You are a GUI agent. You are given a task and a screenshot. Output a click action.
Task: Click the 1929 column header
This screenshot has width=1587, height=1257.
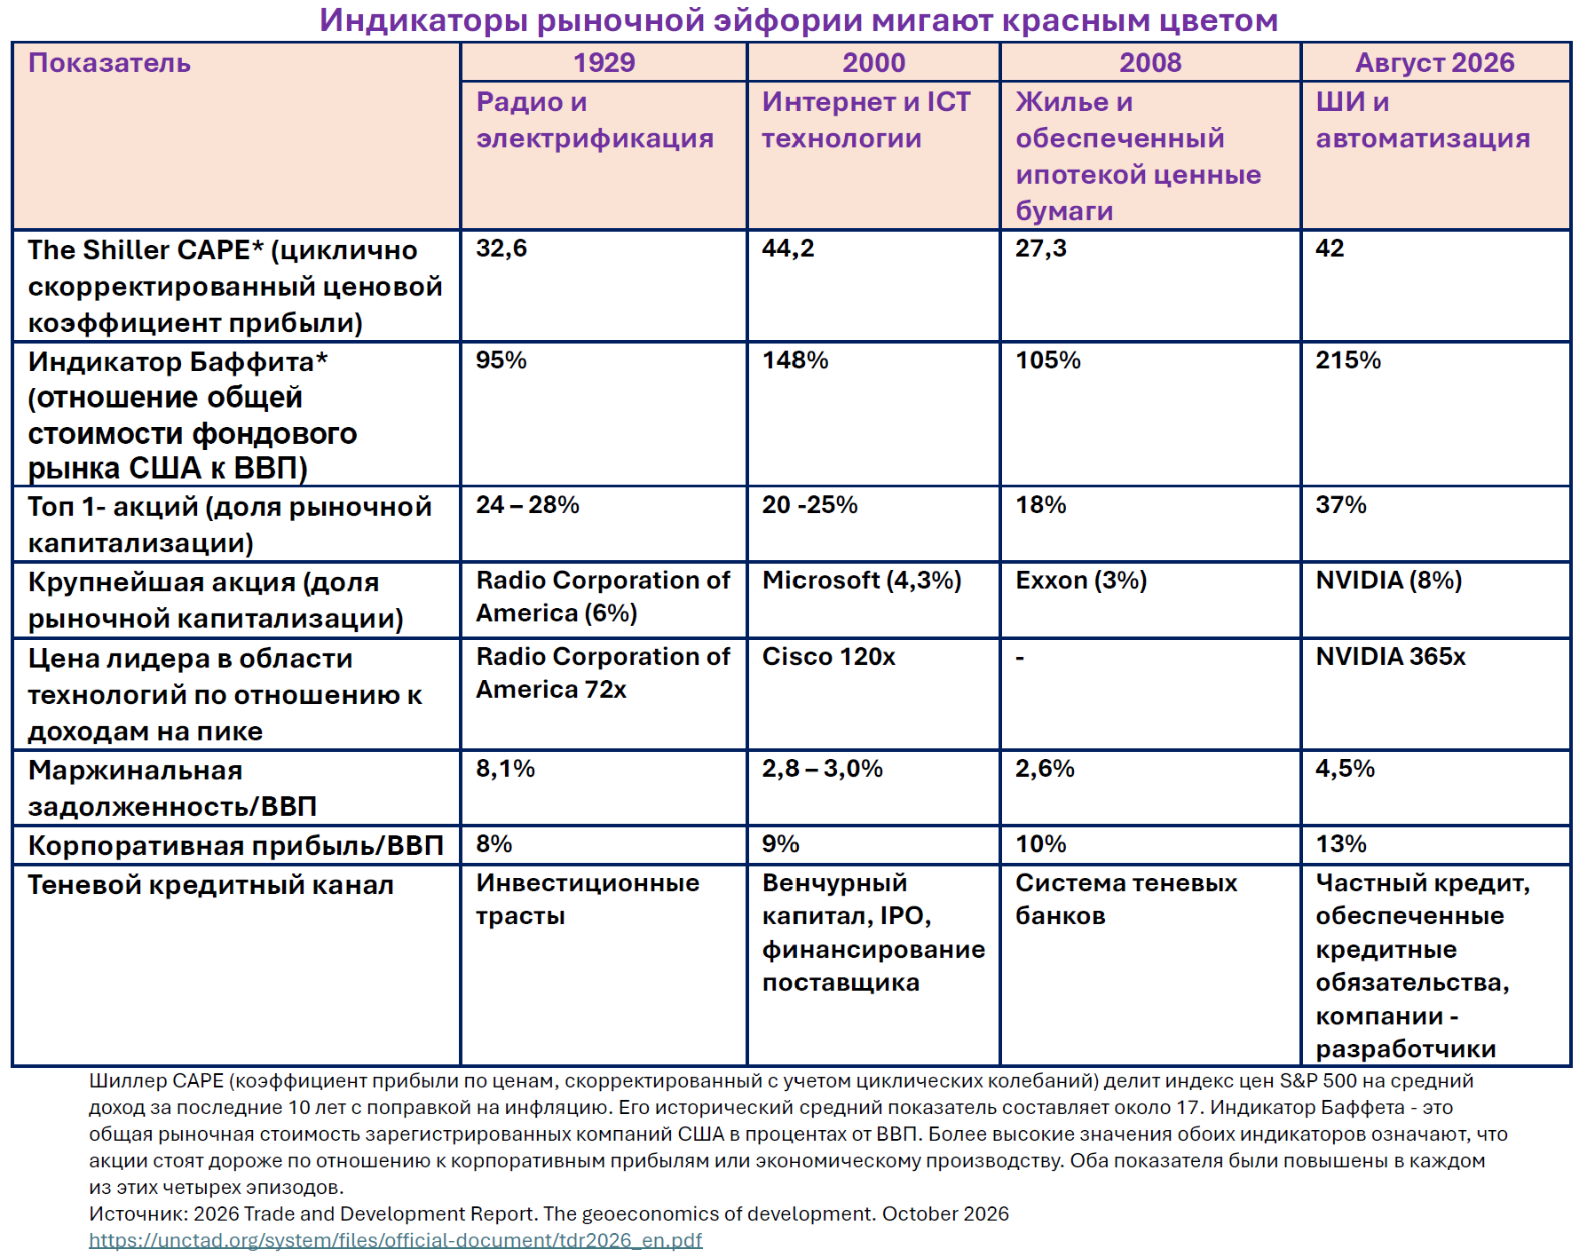[604, 63]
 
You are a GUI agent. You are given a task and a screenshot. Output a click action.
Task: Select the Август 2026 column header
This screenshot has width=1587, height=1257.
[1434, 63]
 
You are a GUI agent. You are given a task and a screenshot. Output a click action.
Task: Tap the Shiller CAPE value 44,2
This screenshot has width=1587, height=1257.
[787, 249]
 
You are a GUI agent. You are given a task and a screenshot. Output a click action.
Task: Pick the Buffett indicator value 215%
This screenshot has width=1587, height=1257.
[1348, 360]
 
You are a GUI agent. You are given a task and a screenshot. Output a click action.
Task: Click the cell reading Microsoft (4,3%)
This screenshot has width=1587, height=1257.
[861, 581]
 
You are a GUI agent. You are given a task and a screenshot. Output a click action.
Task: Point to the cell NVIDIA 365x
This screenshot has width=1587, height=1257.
[1390, 657]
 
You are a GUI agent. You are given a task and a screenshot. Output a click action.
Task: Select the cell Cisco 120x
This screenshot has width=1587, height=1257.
[828, 657]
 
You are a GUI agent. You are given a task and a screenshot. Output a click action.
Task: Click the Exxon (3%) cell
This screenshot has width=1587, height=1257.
[1081, 581]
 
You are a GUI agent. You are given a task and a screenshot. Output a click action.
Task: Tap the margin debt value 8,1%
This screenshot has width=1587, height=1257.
[505, 769]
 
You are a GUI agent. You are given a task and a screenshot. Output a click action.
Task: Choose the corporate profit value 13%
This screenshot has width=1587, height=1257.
[1340, 844]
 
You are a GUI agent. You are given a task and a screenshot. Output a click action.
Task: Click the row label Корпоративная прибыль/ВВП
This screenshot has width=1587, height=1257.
[235, 846]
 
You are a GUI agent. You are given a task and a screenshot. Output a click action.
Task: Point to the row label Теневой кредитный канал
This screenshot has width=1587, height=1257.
[210, 885]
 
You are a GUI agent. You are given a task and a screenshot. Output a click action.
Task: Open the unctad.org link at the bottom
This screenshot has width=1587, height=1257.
[395, 1240]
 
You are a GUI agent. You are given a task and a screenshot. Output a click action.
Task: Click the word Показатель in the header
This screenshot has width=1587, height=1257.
[109, 63]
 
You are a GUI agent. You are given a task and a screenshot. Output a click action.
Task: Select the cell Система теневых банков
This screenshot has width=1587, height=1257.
[1125, 899]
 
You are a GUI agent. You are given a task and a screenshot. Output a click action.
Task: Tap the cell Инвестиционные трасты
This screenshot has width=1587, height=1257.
[587, 899]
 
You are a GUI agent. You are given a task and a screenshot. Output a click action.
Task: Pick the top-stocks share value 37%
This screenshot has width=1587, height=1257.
[1340, 505]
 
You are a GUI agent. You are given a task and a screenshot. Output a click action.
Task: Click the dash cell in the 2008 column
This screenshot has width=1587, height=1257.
[1020, 658]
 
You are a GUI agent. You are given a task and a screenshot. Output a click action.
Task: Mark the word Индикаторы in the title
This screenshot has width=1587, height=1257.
[424, 20]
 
